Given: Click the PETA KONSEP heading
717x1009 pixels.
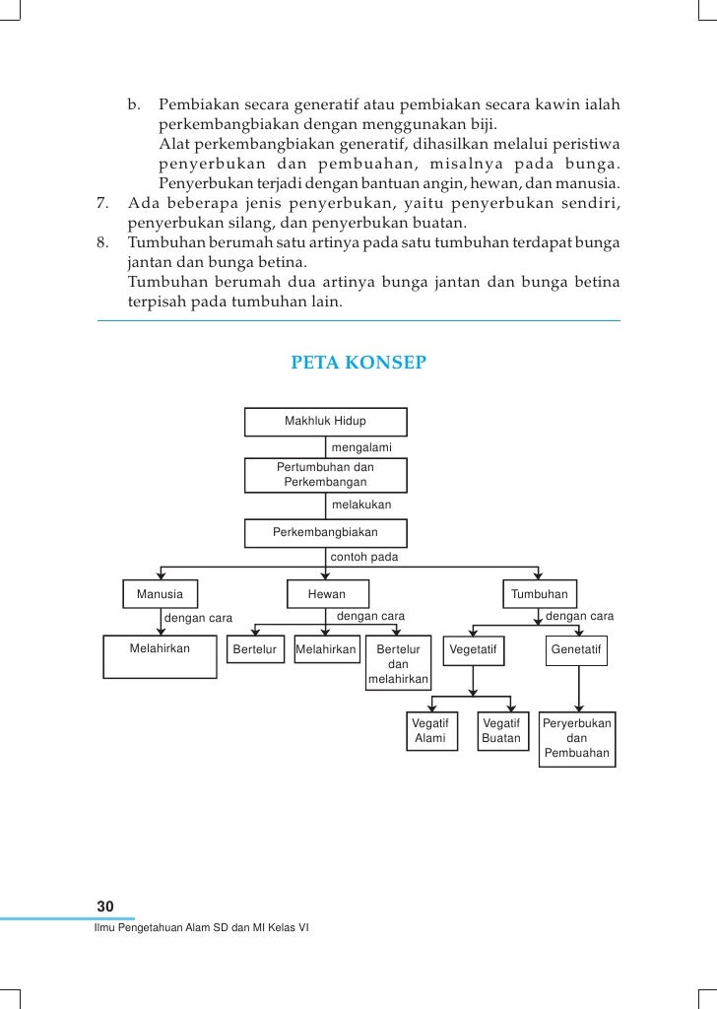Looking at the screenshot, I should [358, 363].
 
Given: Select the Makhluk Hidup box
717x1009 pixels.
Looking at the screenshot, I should [325, 422].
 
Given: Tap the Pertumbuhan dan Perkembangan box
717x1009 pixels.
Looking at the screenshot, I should [325, 475].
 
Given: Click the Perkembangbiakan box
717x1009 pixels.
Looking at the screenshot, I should [325, 532].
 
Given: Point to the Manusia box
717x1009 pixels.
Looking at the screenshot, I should [160, 595].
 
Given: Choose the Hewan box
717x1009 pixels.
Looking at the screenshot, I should [327, 595].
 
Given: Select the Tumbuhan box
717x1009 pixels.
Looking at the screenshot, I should [539, 595].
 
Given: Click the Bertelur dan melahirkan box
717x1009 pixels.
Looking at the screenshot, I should [398, 664].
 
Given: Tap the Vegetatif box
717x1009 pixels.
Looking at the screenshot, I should [474, 650].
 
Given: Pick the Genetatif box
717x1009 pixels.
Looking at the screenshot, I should [577, 650].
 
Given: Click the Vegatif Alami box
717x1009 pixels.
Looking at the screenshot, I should [431, 731].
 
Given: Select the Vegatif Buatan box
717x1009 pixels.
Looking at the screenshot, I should [501, 731].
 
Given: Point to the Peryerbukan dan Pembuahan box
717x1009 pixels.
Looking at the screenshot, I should [577, 739].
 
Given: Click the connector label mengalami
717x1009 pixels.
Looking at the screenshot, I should [361, 448].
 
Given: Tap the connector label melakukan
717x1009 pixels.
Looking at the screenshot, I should [361, 504].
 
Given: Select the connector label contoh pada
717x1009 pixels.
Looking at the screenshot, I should [363, 558].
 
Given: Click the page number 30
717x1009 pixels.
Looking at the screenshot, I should [105, 907].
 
